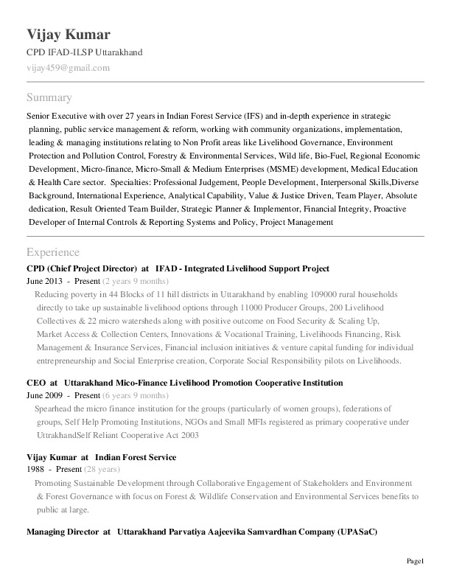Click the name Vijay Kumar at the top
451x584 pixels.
(x=69, y=35)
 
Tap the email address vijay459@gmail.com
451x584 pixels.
(x=68, y=68)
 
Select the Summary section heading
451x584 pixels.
(x=49, y=97)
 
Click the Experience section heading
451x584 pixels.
(x=52, y=252)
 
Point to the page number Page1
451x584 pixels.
(x=416, y=563)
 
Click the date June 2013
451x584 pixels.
(x=43, y=282)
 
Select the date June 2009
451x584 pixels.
(x=43, y=395)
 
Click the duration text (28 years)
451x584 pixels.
(x=102, y=470)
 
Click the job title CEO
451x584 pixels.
(x=36, y=383)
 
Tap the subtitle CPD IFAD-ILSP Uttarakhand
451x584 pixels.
(x=84, y=52)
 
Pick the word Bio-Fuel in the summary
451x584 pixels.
(x=329, y=156)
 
